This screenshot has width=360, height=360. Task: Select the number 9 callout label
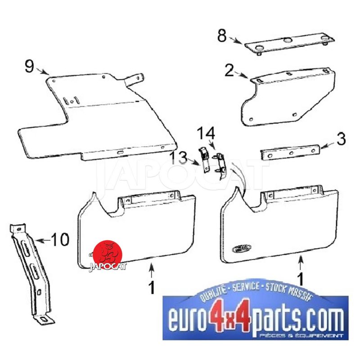pos(29,66)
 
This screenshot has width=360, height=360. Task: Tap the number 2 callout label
pos(229,70)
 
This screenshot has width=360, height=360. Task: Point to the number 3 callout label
pos(341,139)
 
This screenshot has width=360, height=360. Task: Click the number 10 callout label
pos(60,239)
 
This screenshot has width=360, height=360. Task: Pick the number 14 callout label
pos(206,133)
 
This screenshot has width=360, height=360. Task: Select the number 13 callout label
pos(179,158)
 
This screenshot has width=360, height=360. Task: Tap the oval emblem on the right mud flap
pos(242,248)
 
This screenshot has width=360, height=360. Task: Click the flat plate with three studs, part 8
pos(289,44)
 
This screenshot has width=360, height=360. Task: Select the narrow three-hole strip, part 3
pos(290,153)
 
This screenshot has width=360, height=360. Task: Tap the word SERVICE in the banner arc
pos(246,287)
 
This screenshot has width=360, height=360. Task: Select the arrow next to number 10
pos(43,241)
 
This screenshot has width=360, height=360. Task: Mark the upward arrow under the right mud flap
pos(301,263)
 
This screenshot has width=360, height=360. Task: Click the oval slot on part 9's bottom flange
pos(120,152)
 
